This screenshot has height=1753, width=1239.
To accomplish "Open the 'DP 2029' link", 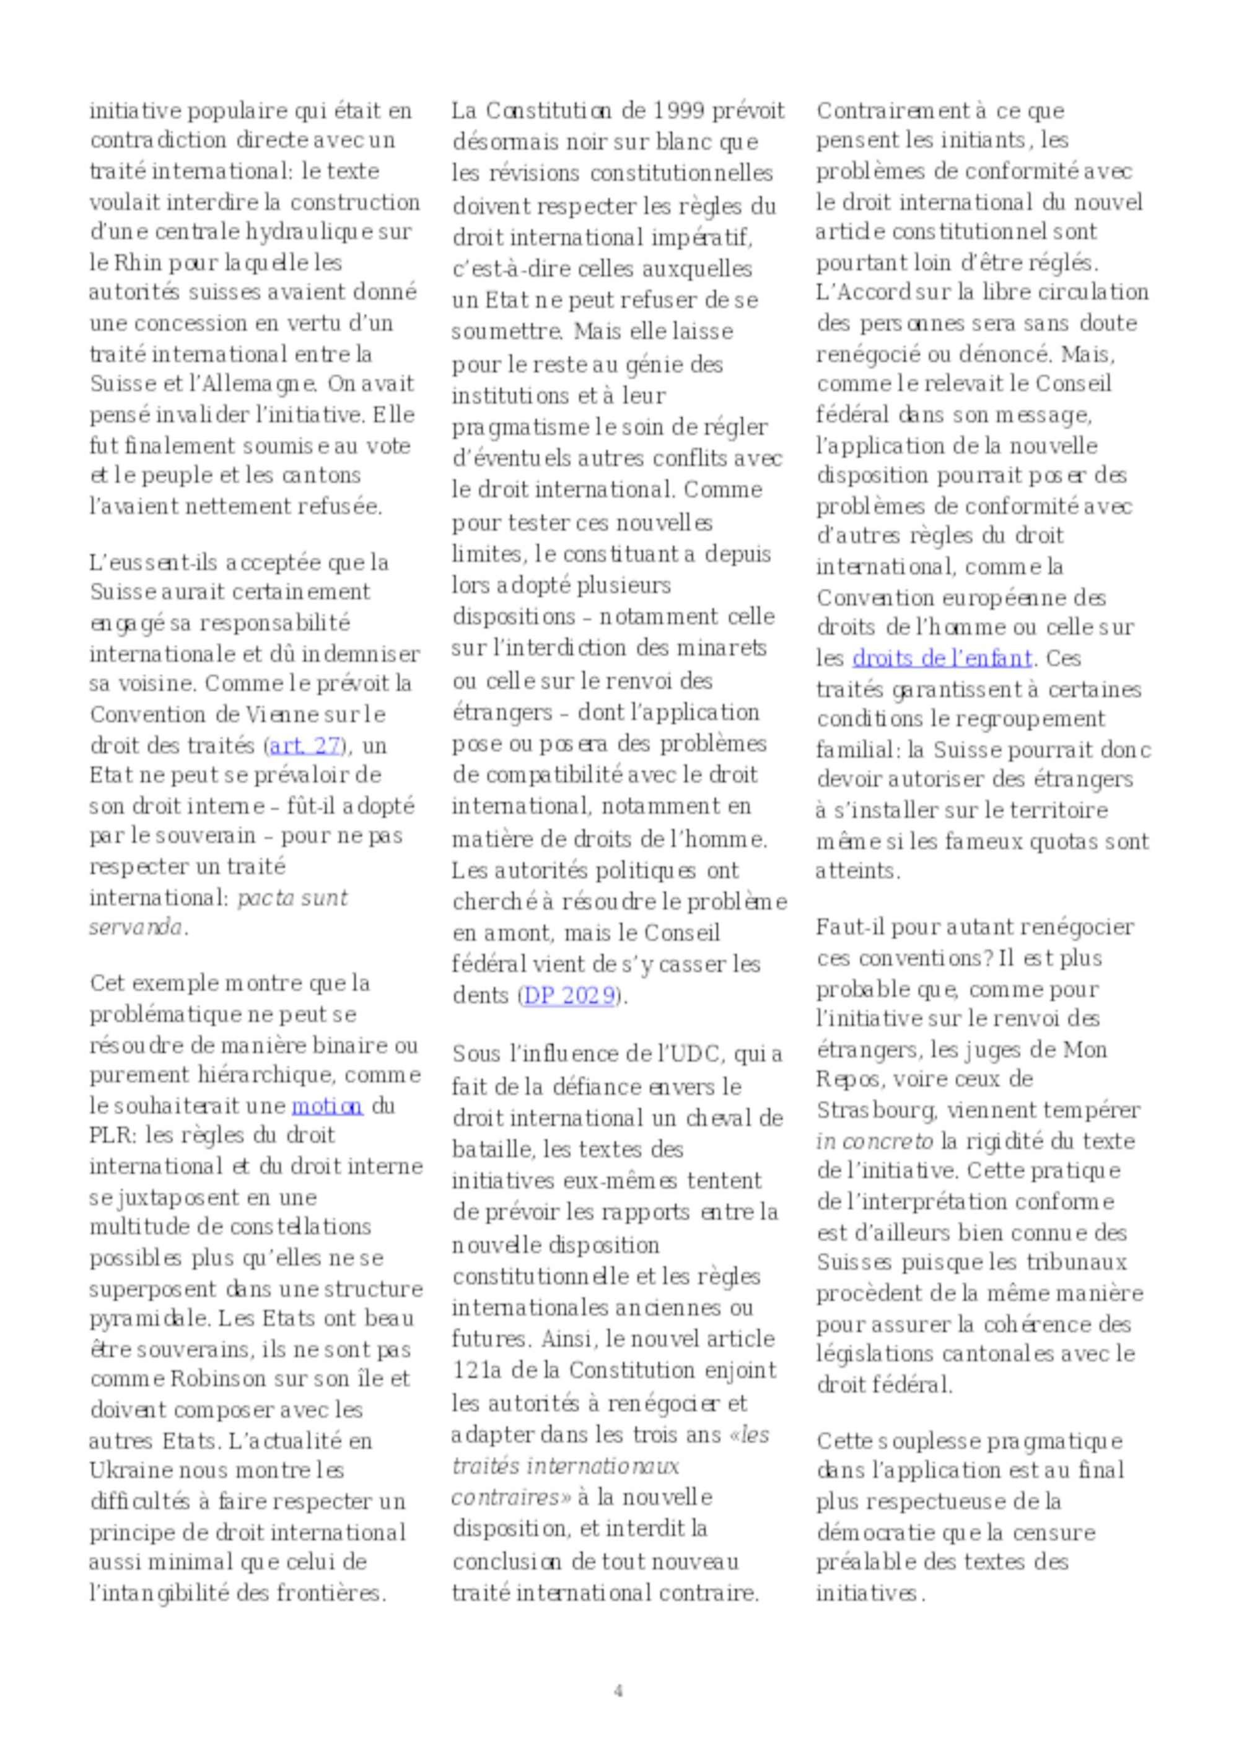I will pyautogui.click(x=569, y=995).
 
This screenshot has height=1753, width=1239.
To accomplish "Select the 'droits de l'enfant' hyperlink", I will pyautogui.click(x=942, y=657).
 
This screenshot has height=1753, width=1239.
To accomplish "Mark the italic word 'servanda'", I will pyautogui.click(x=136, y=928).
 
